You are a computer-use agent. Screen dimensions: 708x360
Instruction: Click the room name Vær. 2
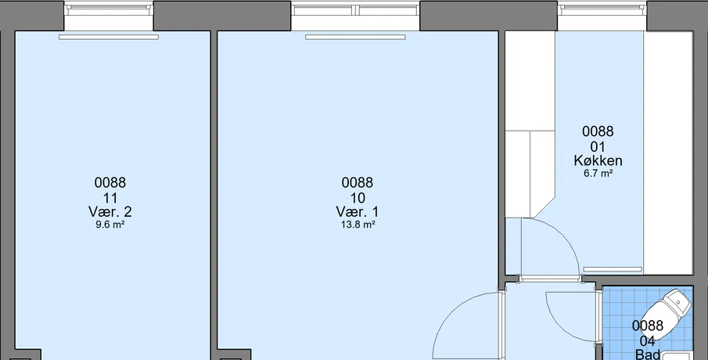point(110,211)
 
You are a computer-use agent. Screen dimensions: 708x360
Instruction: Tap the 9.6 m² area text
point(110,225)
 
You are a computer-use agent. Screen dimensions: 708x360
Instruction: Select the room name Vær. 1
point(358,211)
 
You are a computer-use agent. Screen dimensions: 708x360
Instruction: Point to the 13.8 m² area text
point(358,225)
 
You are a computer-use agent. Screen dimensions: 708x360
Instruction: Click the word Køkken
point(598,160)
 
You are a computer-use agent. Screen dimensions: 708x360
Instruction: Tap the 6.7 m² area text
point(598,173)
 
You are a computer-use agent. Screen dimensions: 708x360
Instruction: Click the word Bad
point(648,354)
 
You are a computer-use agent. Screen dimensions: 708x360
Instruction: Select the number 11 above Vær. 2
point(110,198)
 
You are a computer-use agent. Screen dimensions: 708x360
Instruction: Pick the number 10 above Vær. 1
point(358,198)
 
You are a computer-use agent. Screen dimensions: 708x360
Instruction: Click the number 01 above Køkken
point(598,147)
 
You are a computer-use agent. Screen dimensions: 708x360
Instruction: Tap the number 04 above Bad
point(648,341)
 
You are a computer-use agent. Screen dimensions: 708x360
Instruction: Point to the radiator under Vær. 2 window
point(109,37)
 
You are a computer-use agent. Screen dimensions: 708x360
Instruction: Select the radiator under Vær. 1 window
point(355,37)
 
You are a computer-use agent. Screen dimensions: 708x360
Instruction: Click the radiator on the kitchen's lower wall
point(613,270)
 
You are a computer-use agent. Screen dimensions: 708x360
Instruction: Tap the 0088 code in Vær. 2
point(110,182)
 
